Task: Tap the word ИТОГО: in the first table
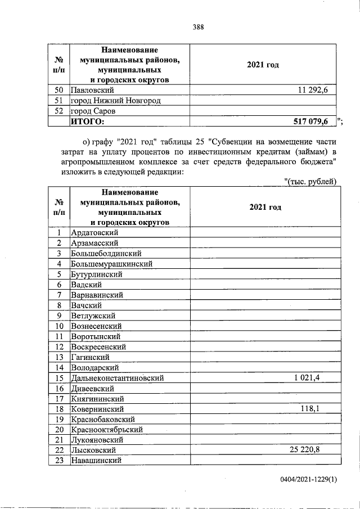(87, 120)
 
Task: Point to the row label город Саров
(92, 111)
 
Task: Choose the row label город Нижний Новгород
(115, 101)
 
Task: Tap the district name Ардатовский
(94, 233)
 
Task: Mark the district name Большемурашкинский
(111, 264)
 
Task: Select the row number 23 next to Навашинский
(58, 461)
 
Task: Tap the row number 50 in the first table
(58, 90)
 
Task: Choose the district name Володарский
(94, 367)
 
